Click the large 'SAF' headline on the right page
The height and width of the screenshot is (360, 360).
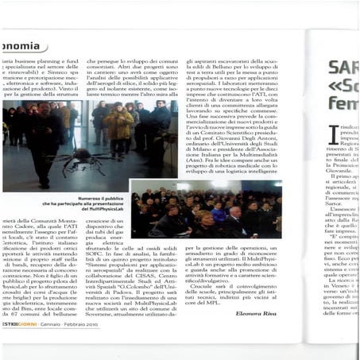[x=343, y=70]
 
